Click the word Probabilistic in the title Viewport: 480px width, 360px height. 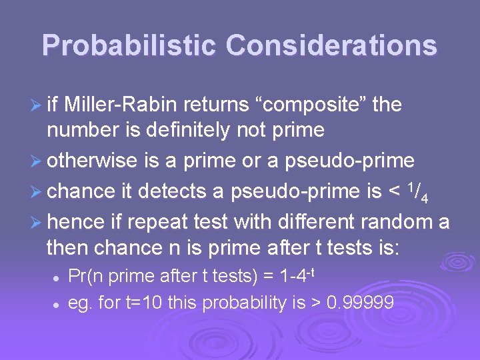click(129, 45)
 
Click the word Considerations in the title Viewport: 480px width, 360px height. click(331, 45)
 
